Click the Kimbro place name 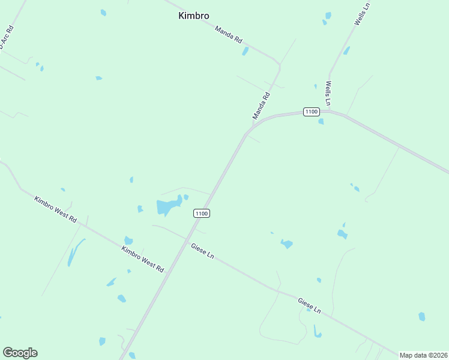193,16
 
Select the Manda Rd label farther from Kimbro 262,106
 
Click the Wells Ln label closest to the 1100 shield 328,94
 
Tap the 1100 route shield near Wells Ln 310,112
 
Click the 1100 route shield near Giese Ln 202,214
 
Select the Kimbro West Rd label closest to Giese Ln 143,260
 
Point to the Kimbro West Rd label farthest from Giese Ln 56,209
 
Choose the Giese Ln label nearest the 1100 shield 202,251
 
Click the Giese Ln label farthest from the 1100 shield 309,305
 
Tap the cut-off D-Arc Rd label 6,37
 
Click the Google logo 20,353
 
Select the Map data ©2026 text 424,355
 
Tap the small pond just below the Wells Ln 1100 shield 321,121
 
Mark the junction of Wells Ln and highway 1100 329,111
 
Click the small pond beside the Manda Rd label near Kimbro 245,52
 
